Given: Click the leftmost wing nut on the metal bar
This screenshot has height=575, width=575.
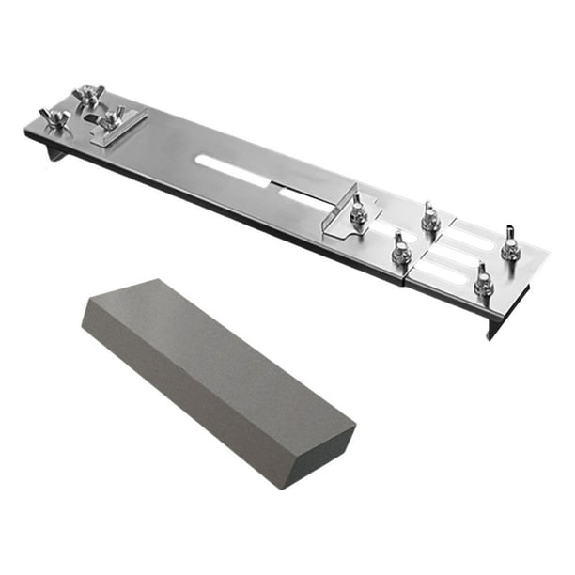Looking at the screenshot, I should pyautogui.click(x=53, y=118).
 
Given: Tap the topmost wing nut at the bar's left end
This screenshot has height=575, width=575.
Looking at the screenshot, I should pyautogui.click(x=90, y=95).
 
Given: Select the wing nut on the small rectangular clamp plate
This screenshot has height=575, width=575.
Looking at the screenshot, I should pyautogui.click(x=114, y=118).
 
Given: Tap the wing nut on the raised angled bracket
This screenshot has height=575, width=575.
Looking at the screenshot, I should pyautogui.click(x=358, y=210).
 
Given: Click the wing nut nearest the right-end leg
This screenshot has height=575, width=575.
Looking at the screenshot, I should pyautogui.click(x=483, y=281).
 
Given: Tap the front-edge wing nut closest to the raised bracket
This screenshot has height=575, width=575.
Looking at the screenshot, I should pyautogui.click(x=401, y=250).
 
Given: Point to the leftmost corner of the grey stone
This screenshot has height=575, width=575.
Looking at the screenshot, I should pyautogui.click(x=83, y=324).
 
